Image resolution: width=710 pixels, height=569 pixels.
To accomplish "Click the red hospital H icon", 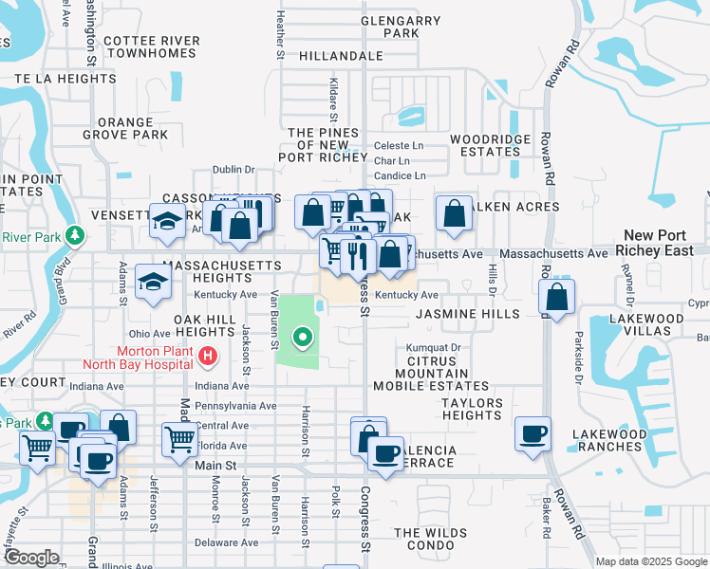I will [x=208, y=358].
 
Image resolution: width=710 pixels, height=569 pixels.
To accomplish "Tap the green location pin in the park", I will [x=304, y=336].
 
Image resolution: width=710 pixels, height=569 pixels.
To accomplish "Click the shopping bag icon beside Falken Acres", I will [x=455, y=213].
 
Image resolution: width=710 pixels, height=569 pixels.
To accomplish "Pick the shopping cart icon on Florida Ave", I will [x=179, y=439].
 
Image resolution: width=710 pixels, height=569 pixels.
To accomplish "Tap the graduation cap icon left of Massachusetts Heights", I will [x=152, y=282].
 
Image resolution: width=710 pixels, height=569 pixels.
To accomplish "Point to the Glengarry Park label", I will [x=401, y=27].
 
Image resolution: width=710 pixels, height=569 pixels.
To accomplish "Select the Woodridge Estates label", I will [x=490, y=145].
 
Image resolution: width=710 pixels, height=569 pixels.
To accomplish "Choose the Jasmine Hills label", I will [x=468, y=314].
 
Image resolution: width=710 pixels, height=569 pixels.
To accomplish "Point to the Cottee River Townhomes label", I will [x=152, y=47].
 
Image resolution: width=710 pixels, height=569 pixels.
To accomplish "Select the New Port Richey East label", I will [x=665, y=243].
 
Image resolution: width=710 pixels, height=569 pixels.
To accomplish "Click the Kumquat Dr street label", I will [x=433, y=348].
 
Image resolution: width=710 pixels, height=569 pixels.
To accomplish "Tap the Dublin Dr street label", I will [x=234, y=170].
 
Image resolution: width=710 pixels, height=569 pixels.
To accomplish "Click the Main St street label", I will [x=215, y=466].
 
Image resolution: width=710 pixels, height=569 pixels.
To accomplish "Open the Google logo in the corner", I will [x=30, y=558].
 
